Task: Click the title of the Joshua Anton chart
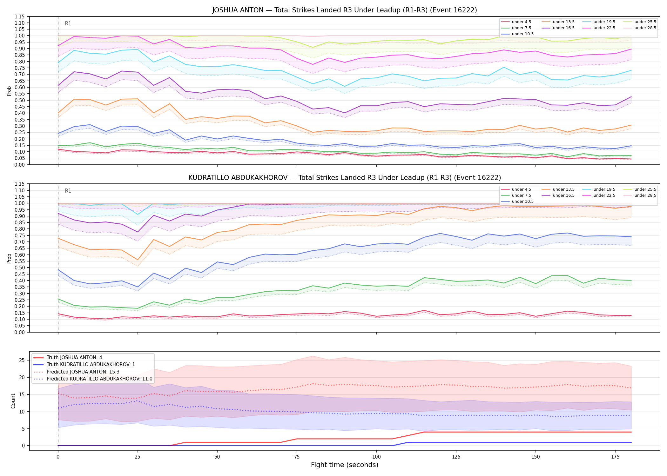pos(345,10)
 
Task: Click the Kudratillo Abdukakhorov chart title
pos(345,178)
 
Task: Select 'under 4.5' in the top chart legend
pos(521,22)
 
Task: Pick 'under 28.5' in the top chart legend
pos(645,28)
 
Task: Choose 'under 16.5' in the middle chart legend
pos(563,195)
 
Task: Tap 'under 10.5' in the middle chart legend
pos(522,202)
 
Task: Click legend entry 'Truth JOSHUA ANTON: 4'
pos(74,358)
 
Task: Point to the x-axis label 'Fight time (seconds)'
pos(345,465)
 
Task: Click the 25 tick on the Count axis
pos(22,360)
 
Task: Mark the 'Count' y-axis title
pos(13,401)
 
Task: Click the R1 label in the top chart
pos(68,23)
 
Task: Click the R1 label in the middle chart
pos(68,191)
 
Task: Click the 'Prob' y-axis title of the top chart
pos(9,91)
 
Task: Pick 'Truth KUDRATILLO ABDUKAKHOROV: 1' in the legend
pos(91,365)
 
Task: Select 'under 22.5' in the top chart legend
pos(604,28)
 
